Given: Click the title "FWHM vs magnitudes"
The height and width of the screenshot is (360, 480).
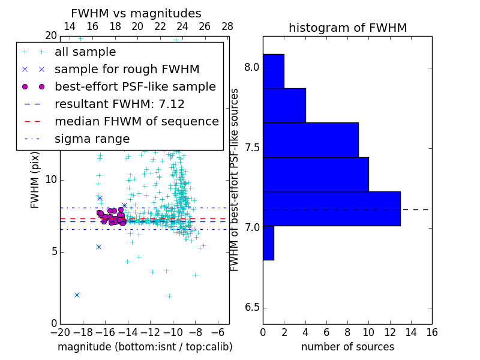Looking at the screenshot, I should [136, 14].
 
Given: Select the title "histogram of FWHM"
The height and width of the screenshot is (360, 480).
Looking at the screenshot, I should [347, 28].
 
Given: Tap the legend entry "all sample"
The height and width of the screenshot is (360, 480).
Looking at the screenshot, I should [85, 52].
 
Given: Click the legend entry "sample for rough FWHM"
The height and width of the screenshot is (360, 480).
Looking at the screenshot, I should [127, 70].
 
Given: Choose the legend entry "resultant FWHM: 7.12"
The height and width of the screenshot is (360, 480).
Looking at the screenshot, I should [119, 104].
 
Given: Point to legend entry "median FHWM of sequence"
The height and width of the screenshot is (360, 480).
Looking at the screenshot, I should [136, 122].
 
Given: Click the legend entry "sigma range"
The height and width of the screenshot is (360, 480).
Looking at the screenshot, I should [92, 139].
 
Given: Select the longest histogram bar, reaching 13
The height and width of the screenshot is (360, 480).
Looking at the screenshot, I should [331, 208].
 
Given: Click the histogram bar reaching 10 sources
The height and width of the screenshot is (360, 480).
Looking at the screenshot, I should [316, 174].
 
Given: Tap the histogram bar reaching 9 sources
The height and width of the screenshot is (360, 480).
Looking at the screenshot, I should [310, 140].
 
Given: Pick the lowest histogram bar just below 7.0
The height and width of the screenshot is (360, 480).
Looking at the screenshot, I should [268, 242].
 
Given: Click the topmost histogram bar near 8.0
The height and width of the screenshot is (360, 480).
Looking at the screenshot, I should [273, 71].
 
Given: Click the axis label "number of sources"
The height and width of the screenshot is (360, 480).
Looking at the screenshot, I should [347, 347].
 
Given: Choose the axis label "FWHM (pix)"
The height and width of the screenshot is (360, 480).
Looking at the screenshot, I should [35, 179].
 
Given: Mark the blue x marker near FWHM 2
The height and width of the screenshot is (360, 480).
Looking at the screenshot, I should [77, 295].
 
